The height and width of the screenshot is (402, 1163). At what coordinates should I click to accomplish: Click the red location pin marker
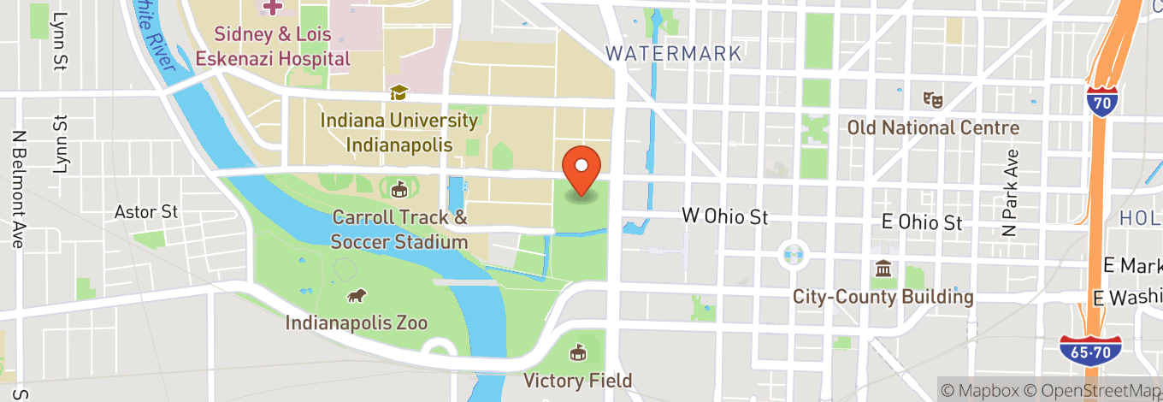click(x=581, y=169)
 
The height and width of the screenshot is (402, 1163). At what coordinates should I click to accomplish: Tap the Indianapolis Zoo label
click(x=356, y=323)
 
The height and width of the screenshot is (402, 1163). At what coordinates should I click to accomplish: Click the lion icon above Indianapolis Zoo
click(x=356, y=296)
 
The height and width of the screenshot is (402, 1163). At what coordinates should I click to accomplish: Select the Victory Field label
click(x=578, y=380)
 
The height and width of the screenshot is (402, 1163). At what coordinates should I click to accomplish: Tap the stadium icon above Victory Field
click(x=578, y=352)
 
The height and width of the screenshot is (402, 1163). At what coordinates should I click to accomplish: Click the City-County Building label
click(x=883, y=297)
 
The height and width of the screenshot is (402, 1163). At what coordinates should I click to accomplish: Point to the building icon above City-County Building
click(x=883, y=269)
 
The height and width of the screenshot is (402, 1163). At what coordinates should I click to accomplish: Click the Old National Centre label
click(x=933, y=127)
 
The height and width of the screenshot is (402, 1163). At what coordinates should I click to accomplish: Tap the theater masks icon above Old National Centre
click(x=932, y=100)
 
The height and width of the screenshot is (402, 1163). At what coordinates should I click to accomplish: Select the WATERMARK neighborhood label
click(x=673, y=53)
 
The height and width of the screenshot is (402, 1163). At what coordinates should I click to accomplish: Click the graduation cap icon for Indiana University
click(x=398, y=92)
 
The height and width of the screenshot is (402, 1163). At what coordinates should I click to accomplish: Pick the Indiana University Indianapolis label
click(x=398, y=132)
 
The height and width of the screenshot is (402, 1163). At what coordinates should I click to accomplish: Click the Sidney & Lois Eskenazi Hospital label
click(x=273, y=47)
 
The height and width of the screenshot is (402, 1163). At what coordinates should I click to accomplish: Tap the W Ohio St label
click(x=724, y=216)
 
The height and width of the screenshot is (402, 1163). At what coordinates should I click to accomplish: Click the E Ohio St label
click(x=922, y=222)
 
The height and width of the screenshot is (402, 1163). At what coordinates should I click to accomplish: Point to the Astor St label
click(x=146, y=211)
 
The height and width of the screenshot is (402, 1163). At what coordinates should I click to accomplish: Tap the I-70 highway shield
click(x=1101, y=99)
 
